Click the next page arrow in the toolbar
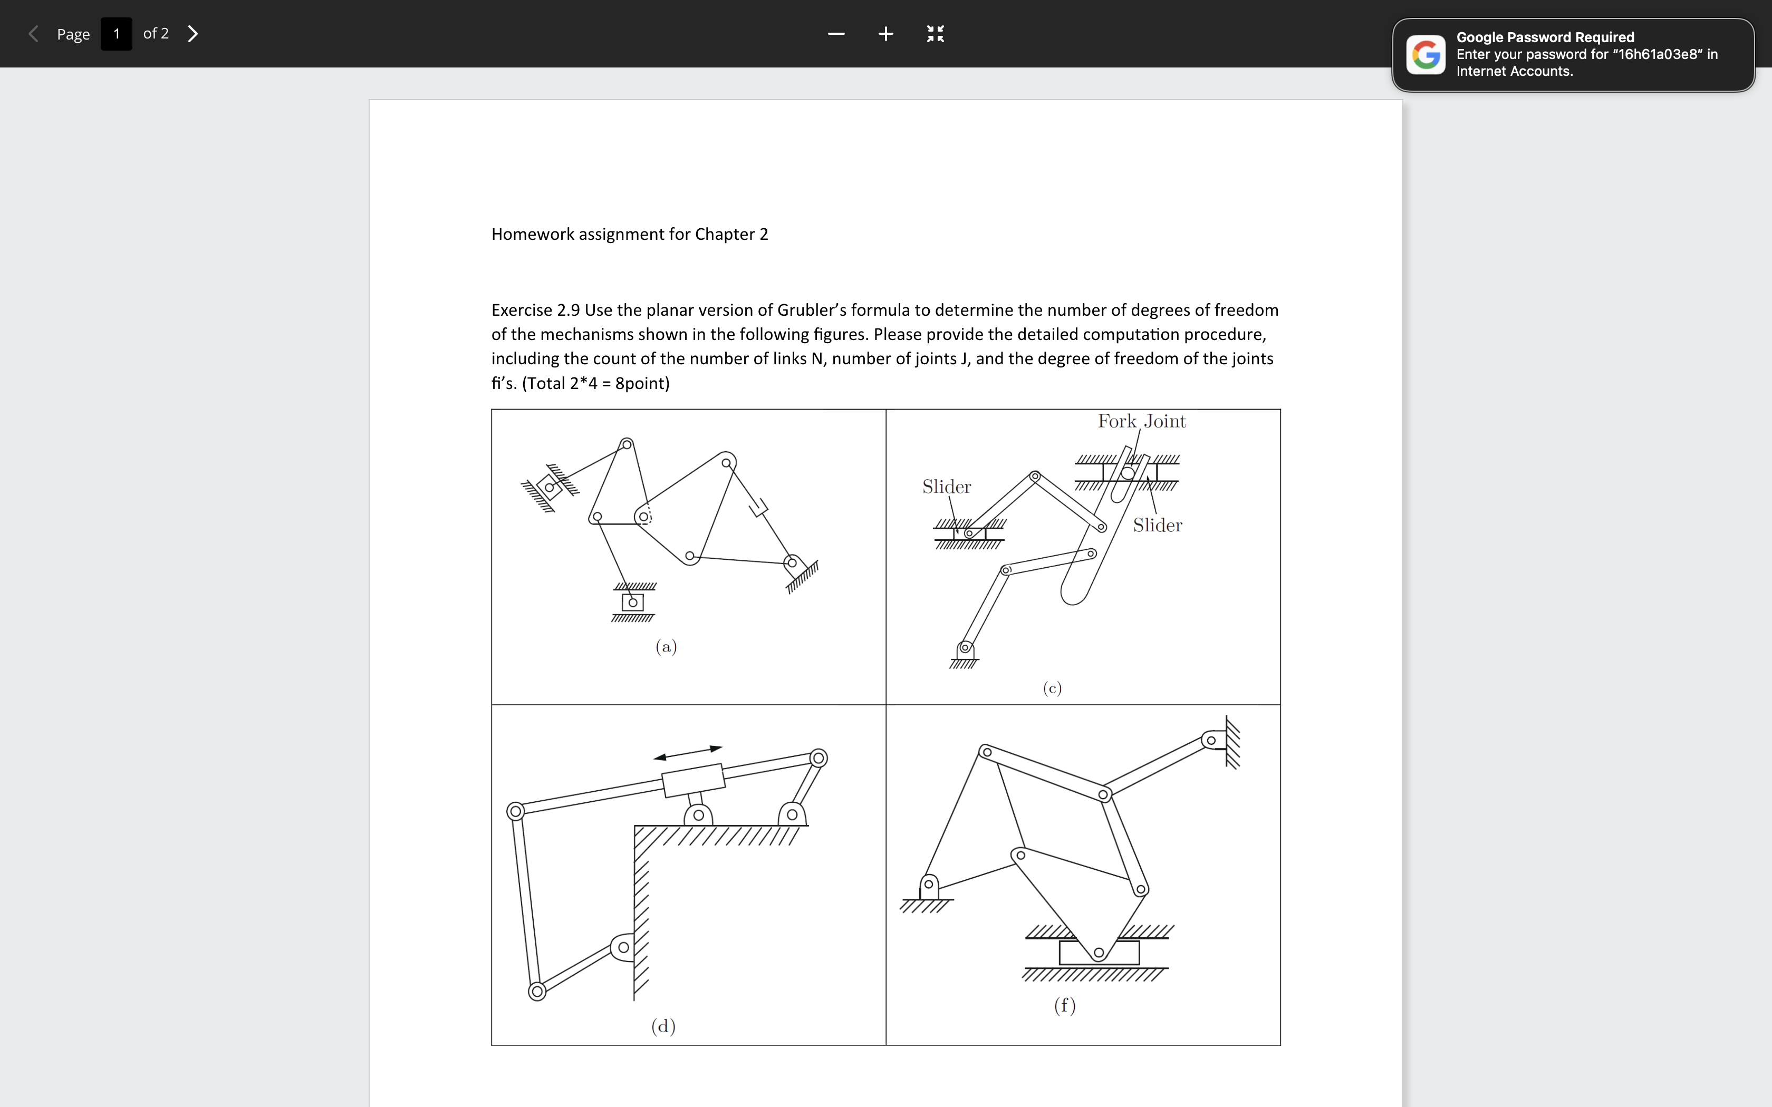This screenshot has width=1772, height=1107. tap(192, 34)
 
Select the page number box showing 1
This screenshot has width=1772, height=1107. tap(117, 34)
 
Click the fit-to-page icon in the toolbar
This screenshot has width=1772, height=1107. tap(935, 34)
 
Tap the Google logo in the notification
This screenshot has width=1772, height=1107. tap(1425, 55)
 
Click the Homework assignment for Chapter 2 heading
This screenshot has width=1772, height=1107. tap(629, 234)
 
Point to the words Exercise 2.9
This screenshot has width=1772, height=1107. tap(535, 310)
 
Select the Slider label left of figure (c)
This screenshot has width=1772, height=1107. tap(946, 487)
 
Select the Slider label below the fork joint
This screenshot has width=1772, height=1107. tap(1157, 526)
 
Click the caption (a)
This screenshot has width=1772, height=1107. tap(666, 646)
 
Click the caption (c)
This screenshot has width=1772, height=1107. tap(1052, 688)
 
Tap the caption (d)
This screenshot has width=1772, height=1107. tap(663, 1026)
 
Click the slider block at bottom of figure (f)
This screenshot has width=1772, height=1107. tap(1099, 953)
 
